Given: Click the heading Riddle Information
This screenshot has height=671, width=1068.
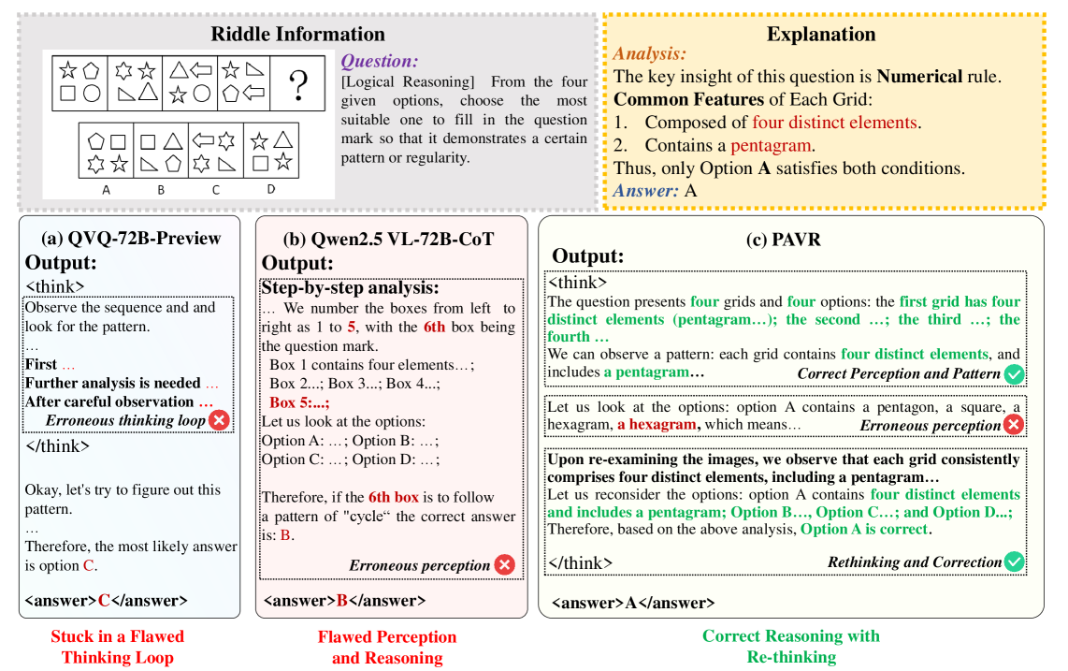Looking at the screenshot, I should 297,35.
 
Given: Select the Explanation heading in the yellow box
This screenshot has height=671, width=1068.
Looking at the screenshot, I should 821,35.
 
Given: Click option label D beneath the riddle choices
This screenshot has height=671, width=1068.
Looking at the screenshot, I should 271,189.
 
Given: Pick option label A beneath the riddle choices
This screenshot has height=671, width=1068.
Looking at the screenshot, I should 106,189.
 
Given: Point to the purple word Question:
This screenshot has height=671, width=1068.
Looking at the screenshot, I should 380,62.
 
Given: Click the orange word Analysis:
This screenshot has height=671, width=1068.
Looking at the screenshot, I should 649,55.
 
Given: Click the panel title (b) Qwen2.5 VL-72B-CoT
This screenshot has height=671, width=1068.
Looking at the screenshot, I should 390,238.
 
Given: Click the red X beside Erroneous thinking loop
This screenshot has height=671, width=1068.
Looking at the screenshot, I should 219,420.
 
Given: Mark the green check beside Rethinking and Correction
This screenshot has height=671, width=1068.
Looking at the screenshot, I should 1014,562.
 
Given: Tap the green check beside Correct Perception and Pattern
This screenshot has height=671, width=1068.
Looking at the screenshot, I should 1014,374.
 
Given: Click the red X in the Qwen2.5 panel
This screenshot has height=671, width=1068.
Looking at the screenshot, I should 504,564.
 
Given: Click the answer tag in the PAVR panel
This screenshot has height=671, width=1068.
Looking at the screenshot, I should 633,603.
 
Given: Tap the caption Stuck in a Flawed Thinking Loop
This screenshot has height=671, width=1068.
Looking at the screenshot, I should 118,647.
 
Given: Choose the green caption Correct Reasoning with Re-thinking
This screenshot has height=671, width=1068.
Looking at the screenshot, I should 791,646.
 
